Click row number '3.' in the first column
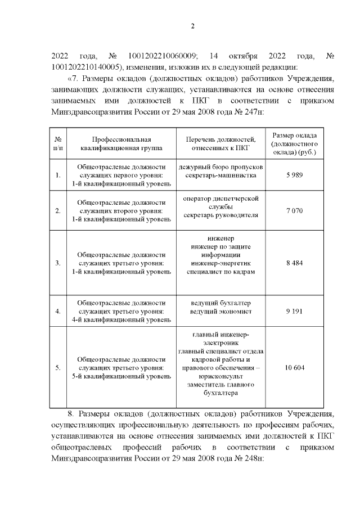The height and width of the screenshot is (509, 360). pyautogui.click(x=58, y=263)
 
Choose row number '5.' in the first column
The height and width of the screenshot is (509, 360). pyautogui.click(x=58, y=368)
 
